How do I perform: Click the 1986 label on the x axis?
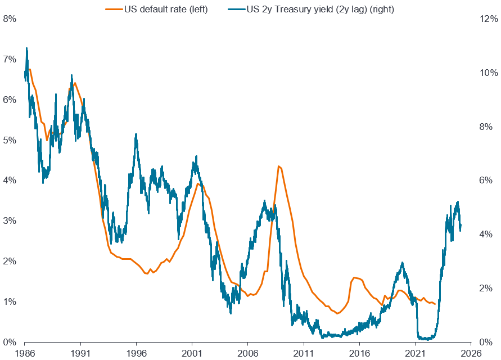25,353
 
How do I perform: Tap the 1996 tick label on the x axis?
136,353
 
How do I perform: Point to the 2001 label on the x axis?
192,353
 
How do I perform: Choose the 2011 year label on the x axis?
304,353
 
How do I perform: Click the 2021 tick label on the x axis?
415,353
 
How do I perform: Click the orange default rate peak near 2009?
278,166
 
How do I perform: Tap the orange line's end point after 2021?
435,304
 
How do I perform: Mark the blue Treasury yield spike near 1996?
136,134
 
